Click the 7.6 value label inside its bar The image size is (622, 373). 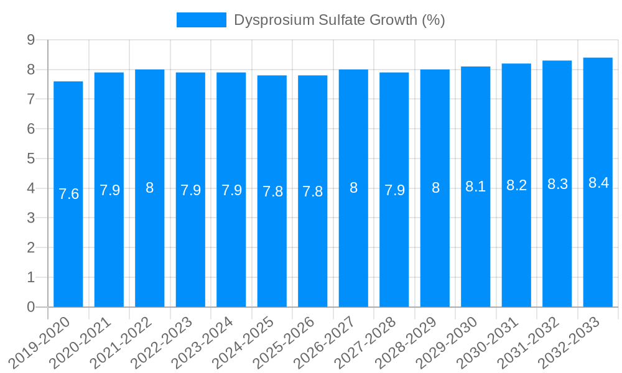[x=68, y=194]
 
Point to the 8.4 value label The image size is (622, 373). [x=598, y=183]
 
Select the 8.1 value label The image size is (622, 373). [x=476, y=186]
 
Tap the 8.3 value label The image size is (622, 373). [x=557, y=184]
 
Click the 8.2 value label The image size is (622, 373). [x=517, y=185]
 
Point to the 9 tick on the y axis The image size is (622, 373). [x=30, y=40]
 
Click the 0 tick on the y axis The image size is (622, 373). [x=30, y=307]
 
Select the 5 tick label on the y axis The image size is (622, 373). [x=30, y=159]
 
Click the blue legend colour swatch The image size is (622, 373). [x=201, y=20]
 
